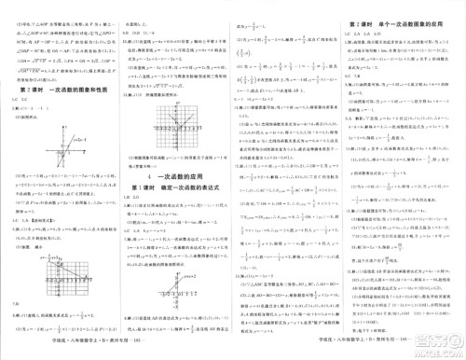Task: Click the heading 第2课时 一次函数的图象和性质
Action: pos(55,90)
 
